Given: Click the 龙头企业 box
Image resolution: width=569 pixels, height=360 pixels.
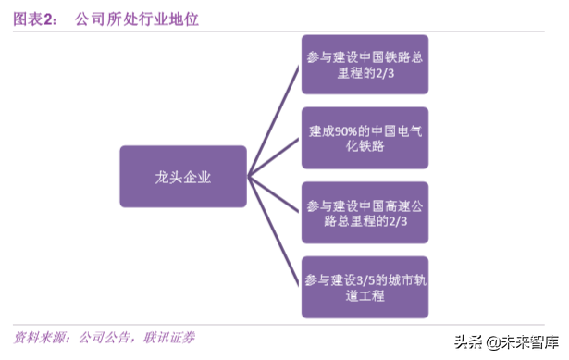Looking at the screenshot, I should [183, 176].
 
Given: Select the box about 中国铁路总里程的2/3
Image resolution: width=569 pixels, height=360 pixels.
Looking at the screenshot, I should [365, 65].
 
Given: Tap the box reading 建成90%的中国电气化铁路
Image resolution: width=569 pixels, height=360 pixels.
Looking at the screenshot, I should [365, 138].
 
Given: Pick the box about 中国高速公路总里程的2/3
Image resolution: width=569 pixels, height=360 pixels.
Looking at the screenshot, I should [365, 213].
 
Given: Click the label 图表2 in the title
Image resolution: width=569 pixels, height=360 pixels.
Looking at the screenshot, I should [35, 19].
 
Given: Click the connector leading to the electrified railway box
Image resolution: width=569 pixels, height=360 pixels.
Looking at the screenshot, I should [276, 157].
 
